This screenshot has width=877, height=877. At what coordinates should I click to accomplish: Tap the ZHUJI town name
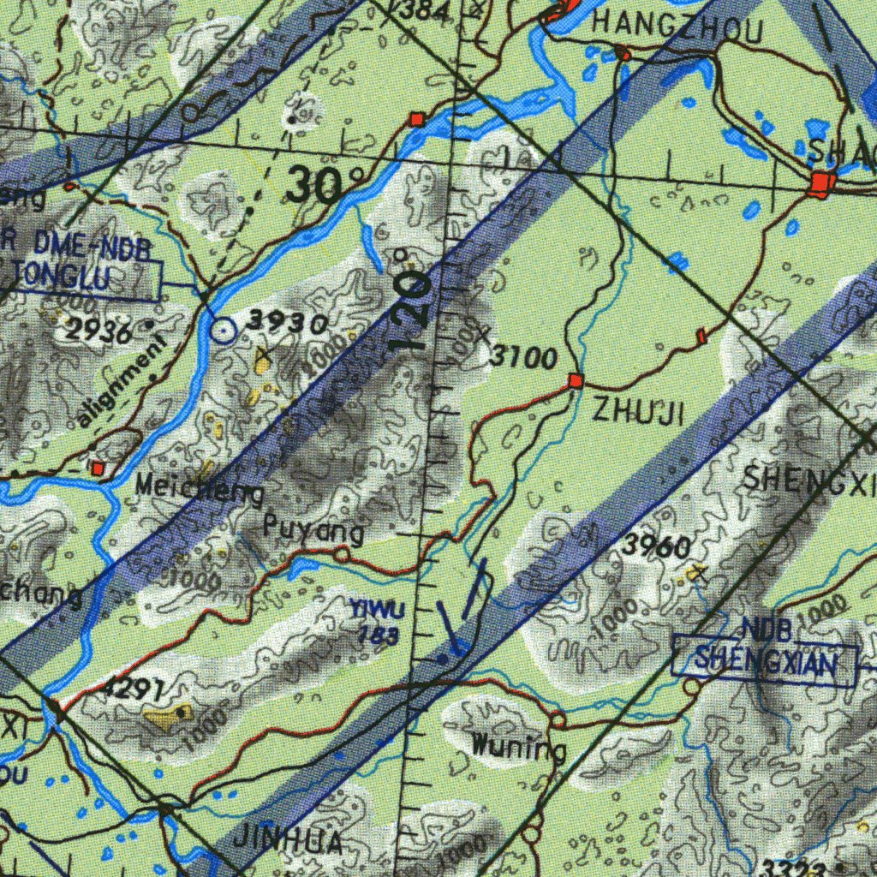[639, 413]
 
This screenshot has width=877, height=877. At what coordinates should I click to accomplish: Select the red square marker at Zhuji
[576, 380]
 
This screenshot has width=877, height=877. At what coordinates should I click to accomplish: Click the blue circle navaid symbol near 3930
[224, 329]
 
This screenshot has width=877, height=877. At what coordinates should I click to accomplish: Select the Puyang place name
[313, 530]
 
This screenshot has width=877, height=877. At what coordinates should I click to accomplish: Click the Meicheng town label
[200, 491]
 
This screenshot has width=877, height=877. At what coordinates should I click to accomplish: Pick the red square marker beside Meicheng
[98, 468]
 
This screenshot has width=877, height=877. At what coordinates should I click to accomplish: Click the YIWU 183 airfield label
[376, 622]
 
